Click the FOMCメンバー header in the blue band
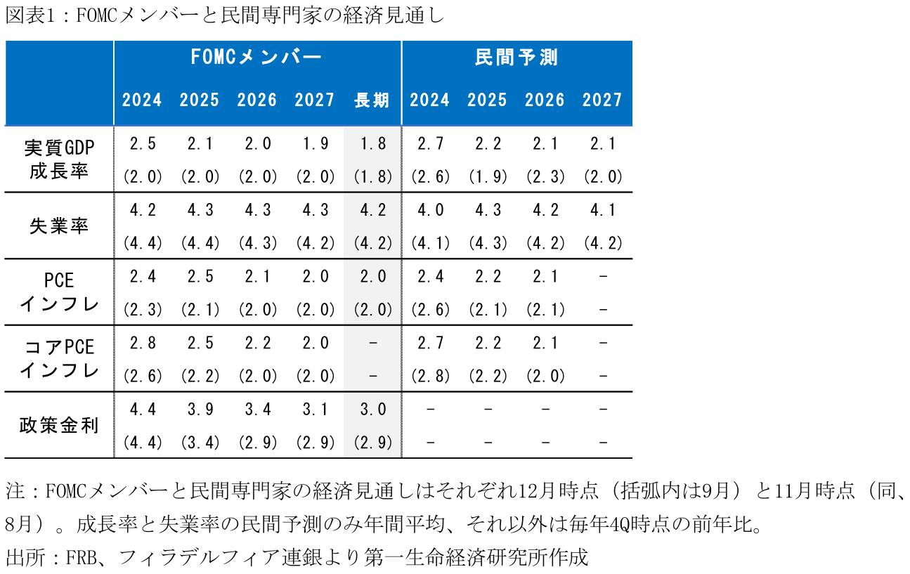pos(256,58)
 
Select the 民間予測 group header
pos(516,58)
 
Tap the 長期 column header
pos(372,100)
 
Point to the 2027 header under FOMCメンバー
pos(314,100)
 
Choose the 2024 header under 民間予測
pos(429,100)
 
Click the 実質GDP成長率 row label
pos(59,159)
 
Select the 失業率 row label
pos(59,226)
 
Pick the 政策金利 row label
pos(59,425)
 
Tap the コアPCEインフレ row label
pos(59,358)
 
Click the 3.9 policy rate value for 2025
pos(200,409)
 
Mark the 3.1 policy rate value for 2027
pos(314,409)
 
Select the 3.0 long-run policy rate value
pos(372,409)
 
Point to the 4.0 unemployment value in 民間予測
pos(430,210)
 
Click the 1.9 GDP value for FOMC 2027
pos(314,144)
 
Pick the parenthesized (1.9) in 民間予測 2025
pos(488,177)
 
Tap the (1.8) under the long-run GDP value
pos(372,177)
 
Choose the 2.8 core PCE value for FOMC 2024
pos(143,343)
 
